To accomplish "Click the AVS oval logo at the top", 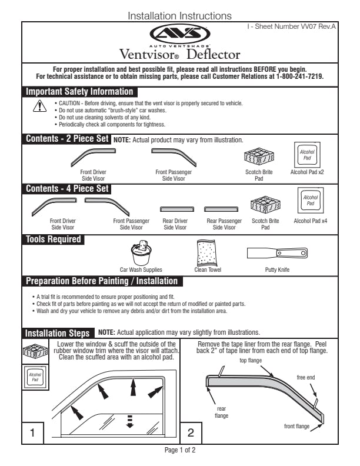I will pyautogui.click(x=179, y=33).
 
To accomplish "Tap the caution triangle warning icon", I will pyautogui.click(x=39, y=106).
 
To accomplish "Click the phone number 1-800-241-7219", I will pyautogui.click(x=297, y=76).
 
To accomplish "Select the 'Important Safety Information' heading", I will pyautogui.click(x=79, y=92).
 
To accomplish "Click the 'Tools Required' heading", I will pyautogui.click(x=54, y=239).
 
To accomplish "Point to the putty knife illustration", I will pyautogui.click(x=275, y=254).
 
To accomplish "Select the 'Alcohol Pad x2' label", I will pyautogui.click(x=307, y=172).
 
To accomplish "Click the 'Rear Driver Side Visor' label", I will pyautogui.click(x=175, y=224).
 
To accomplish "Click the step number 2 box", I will pyautogui.click(x=191, y=432).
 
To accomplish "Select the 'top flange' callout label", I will pyautogui.click(x=251, y=360).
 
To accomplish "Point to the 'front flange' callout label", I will pyautogui.click(x=297, y=426).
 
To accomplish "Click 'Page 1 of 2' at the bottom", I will pyautogui.click(x=179, y=450).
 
